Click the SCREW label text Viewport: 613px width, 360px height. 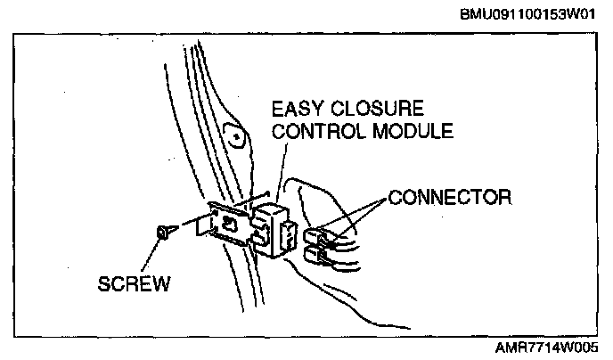[135, 284]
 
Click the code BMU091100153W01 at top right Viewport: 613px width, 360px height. [529, 15]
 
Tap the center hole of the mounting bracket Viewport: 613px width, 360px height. [230, 222]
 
